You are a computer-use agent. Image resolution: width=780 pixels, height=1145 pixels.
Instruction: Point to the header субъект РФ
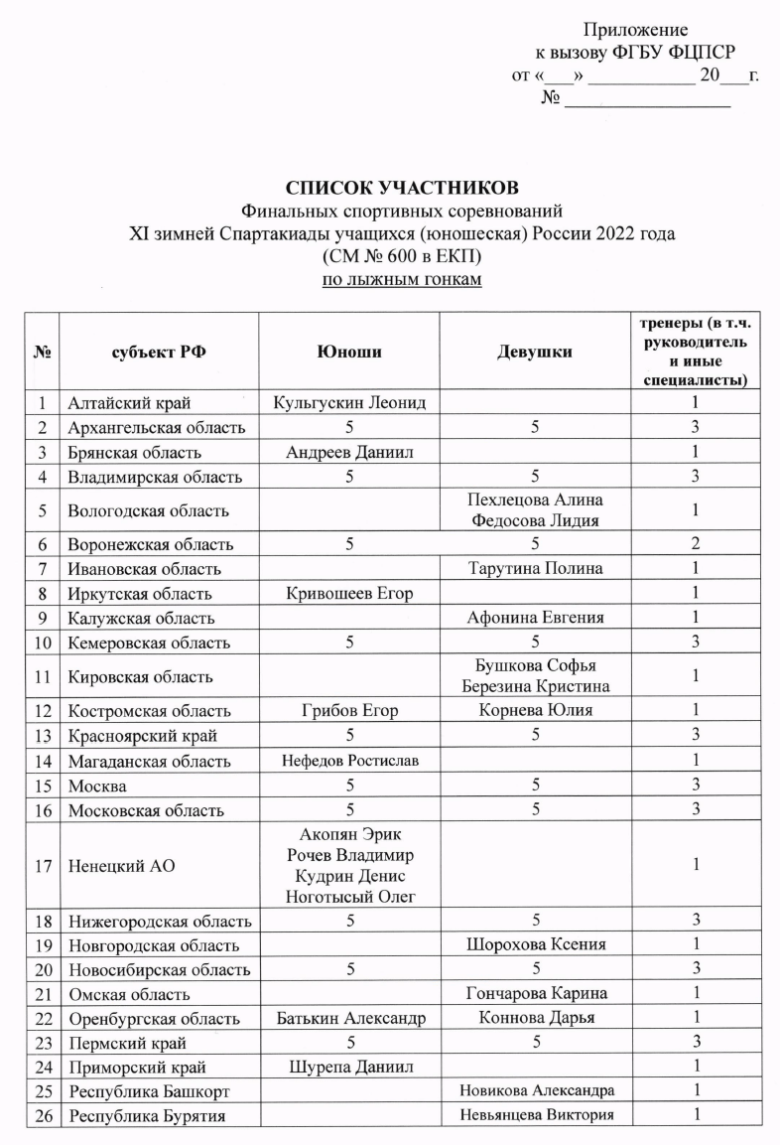[159, 351]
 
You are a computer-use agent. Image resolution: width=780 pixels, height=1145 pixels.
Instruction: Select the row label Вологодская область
[148, 510]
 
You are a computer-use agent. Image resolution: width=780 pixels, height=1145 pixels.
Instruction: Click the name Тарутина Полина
[534, 569]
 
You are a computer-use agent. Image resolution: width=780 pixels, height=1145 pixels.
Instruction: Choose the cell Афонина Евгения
[534, 618]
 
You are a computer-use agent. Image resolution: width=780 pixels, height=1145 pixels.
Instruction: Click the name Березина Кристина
[534, 687]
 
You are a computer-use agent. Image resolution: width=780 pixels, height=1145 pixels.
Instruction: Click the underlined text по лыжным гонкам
[402, 280]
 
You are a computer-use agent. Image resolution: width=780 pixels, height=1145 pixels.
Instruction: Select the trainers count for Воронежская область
[697, 545]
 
